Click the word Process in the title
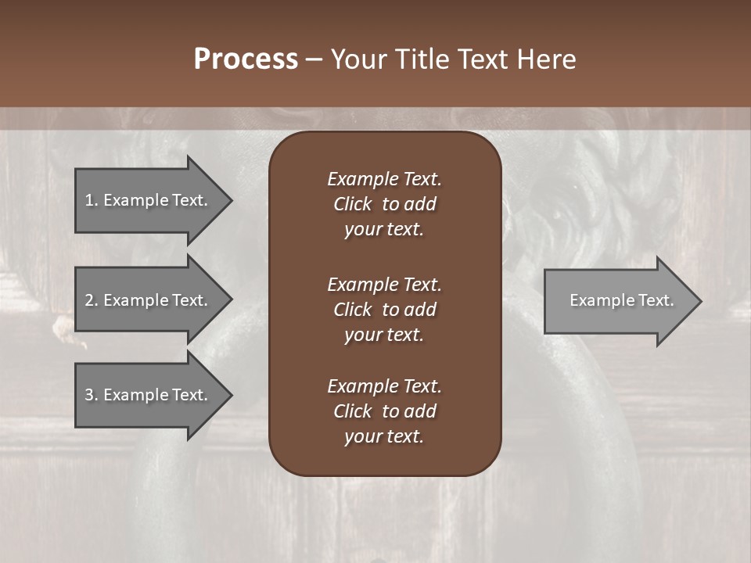point(246,59)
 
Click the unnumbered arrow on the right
point(618,300)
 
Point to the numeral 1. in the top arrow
point(91,200)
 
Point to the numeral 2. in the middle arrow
point(92,300)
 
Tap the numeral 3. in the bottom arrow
point(92,395)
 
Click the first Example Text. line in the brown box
point(384,179)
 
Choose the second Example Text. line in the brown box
point(384,284)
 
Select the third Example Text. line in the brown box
point(384,386)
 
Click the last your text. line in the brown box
point(384,437)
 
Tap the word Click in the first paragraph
point(353,204)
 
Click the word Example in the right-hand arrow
point(595,300)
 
